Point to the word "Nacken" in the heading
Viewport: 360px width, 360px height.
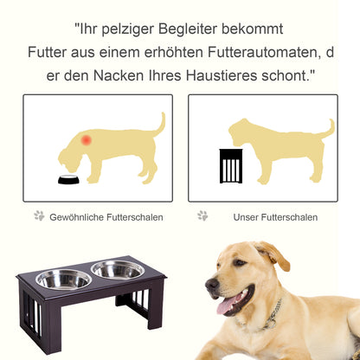pos(118,76)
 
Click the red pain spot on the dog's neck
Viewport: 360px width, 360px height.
pos(86,138)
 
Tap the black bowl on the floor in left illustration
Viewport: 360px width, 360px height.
pos(68,180)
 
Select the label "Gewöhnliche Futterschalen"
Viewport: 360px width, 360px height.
pos(106,216)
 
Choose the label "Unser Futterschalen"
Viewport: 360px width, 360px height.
pos(274,216)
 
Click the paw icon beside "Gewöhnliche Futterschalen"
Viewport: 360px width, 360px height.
pos(39,215)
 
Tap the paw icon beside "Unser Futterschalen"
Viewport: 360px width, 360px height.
pos(202,215)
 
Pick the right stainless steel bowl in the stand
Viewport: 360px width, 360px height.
pos(118,269)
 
